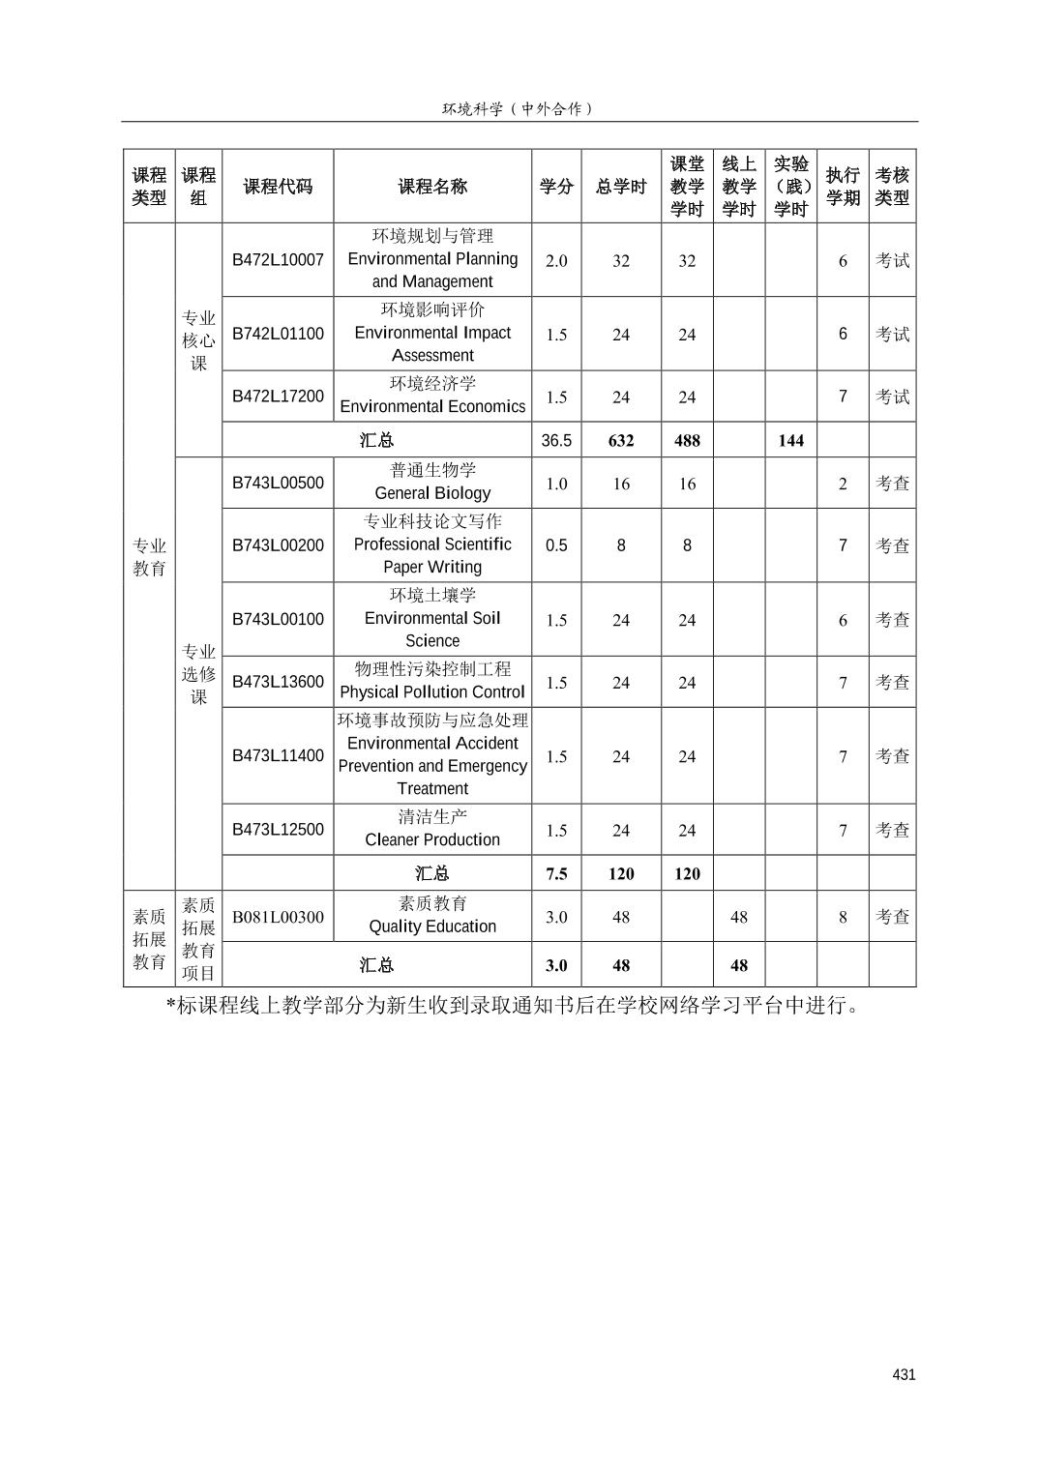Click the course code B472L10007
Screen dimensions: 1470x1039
click(278, 259)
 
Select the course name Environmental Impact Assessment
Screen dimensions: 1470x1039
click(432, 333)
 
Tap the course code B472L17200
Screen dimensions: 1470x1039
click(278, 396)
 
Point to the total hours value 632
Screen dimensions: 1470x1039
click(620, 440)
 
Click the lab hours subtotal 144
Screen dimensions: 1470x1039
click(790, 440)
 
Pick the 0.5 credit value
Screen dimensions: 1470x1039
click(556, 544)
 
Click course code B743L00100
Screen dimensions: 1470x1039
click(278, 619)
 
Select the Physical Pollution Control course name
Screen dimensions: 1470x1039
click(432, 681)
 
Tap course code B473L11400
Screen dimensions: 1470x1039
click(278, 755)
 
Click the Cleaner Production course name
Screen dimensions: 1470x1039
click(432, 829)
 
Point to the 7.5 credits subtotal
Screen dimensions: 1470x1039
click(556, 873)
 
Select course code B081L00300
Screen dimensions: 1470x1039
click(278, 917)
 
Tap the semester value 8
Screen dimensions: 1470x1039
click(843, 917)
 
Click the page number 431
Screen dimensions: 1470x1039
click(904, 1374)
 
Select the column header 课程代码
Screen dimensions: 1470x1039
click(278, 187)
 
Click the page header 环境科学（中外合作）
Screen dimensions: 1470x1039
click(519, 108)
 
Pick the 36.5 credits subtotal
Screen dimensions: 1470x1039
click(556, 440)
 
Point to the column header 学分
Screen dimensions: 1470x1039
click(556, 187)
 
